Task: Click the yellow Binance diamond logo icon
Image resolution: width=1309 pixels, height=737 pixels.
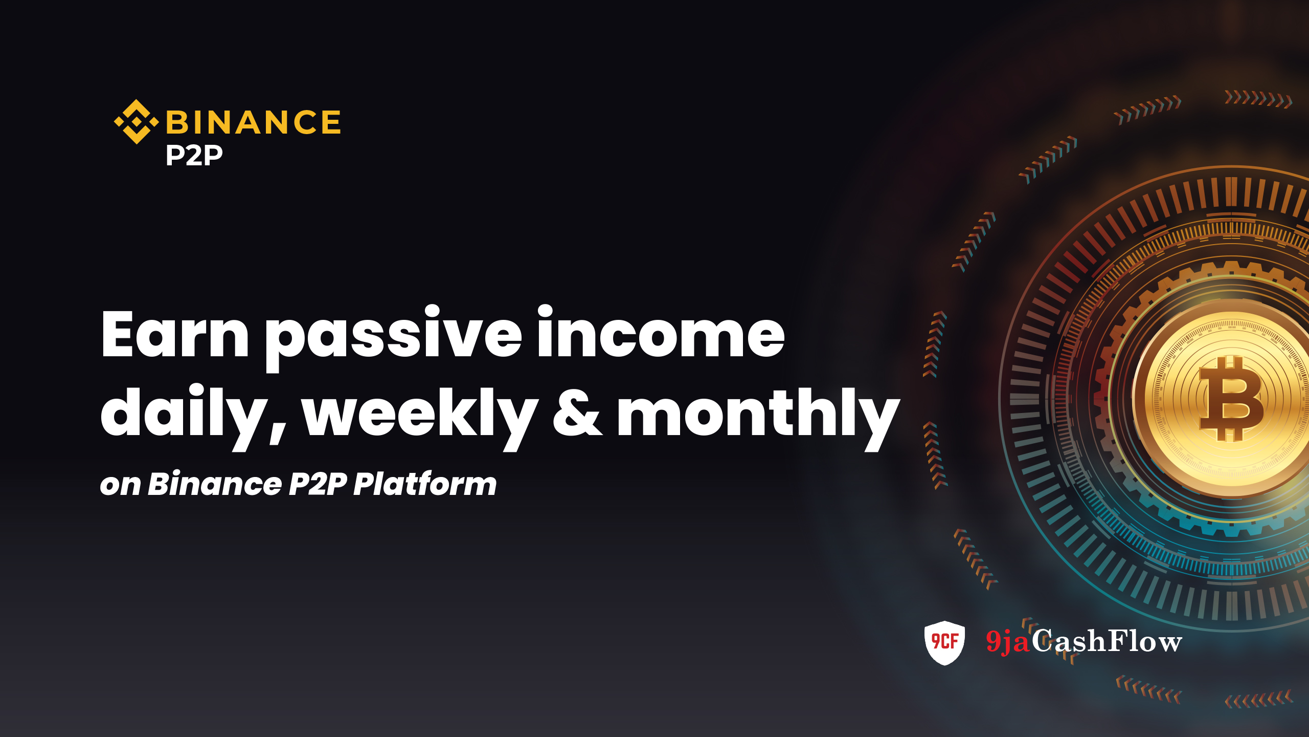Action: pyautogui.click(x=136, y=122)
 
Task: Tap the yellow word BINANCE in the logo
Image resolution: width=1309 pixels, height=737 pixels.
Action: pyautogui.click(x=254, y=122)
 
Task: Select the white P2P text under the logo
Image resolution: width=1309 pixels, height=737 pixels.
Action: pyautogui.click(x=194, y=155)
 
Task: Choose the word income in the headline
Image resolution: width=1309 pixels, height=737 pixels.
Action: pyautogui.click(x=661, y=332)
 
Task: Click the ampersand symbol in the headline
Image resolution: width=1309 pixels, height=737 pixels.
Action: pyautogui.click(x=577, y=413)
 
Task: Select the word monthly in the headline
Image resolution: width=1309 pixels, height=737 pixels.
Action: pyautogui.click(x=758, y=417)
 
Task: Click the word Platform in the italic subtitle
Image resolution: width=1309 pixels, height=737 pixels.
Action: pyautogui.click(x=425, y=484)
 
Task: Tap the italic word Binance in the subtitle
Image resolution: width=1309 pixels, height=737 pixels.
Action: pyautogui.click(x=215, y=484)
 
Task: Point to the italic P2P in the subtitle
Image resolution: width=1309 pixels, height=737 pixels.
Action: pyautogui.click(x=318, y=484)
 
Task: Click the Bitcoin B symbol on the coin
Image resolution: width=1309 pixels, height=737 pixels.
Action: pyautogui.click(x=1231, y=399)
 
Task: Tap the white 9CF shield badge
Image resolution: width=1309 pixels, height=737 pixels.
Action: pyautogui.click(x=944, y=643)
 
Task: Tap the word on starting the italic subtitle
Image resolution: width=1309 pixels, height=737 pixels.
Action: pyautogui.click(x=120, y=485)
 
